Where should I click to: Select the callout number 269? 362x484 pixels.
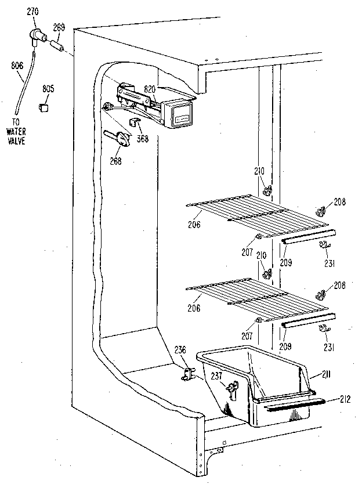pos(58,26)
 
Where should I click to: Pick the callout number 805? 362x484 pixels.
pos(48,89)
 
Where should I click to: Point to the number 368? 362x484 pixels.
pos(142,138)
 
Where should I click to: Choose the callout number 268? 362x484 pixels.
pos(115,161)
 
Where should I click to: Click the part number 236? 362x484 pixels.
pos(180,350)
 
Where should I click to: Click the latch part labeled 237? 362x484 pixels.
pos(233,391)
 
